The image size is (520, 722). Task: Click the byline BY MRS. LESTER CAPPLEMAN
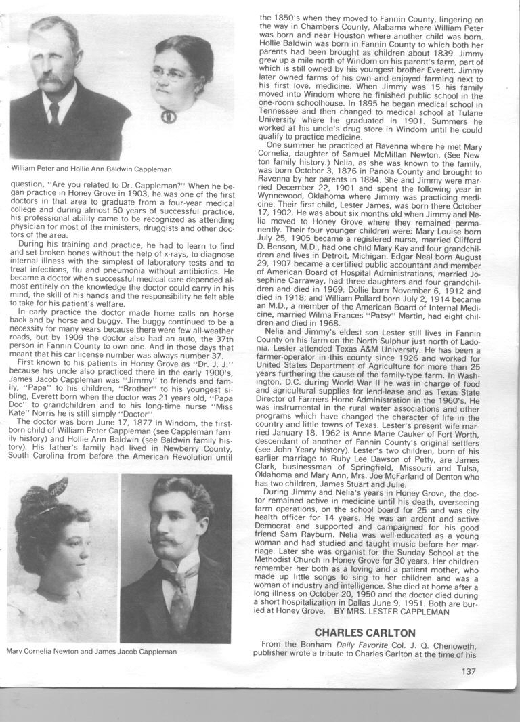pos(391,611)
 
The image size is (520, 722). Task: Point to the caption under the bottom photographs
pos(91,652)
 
